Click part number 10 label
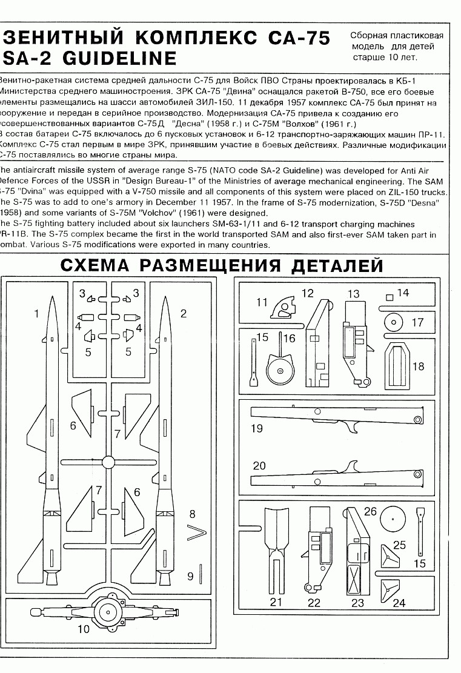coord(84,629)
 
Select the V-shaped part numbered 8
coord(196,533)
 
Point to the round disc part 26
coord(393,519)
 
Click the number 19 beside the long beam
coord(257,428)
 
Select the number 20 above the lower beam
coord(259,466)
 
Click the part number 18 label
coord(419,366)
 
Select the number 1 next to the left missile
coord(36,314)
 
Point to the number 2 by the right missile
coord(183,313)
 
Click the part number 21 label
coord(276,602)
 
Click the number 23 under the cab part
coord(357,603)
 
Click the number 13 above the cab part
coord(353,294)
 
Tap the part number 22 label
coord(314,603)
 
